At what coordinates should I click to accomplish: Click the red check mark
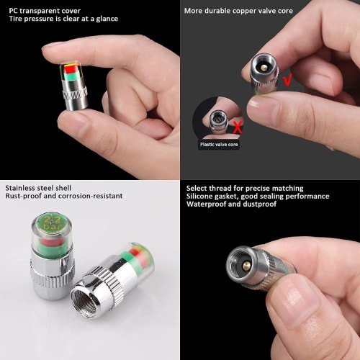(x=287, y=80)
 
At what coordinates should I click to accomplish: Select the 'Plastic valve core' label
(x=219, y=145)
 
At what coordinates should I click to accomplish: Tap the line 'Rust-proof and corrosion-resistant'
(x=64, y=196)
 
